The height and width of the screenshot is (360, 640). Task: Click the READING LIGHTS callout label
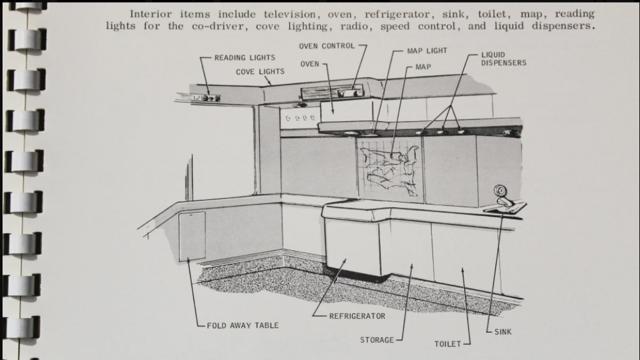pyautogui.click(x=245, y=58)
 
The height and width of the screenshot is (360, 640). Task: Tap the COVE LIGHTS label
pyautogui.click(x=260, y=72)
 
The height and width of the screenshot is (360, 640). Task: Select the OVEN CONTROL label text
pyautogui.click(x=327, y=47)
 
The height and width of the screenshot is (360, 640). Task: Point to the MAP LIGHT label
pyautogui.click(x=427, y=51)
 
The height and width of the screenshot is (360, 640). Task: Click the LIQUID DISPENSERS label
pyautogui.click(x=503, y=59)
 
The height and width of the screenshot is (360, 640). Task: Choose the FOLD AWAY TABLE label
pyautogui.click(x=243, y=326)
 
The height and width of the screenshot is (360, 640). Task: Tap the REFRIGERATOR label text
pyautogui.click(x=357, y=316)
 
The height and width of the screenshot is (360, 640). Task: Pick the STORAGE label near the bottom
pyautogui.click(x=377, y=340)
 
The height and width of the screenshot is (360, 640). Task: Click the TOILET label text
pyautogui.click(x=447, y=344)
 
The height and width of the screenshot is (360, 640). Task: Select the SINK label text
pyautogui.click(x=502, y=332)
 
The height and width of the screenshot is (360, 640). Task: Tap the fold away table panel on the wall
pyautogui.click(x=192, y=236)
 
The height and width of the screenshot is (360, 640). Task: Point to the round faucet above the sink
pyautogui.click(x=500, y=191)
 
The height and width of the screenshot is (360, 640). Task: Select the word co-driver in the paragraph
pyautogui.click(x=230, y=26)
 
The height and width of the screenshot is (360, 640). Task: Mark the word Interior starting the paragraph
pyautogui.click(x=152, y=13)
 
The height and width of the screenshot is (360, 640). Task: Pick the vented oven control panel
pyautogui.click(x=336, y=93)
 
